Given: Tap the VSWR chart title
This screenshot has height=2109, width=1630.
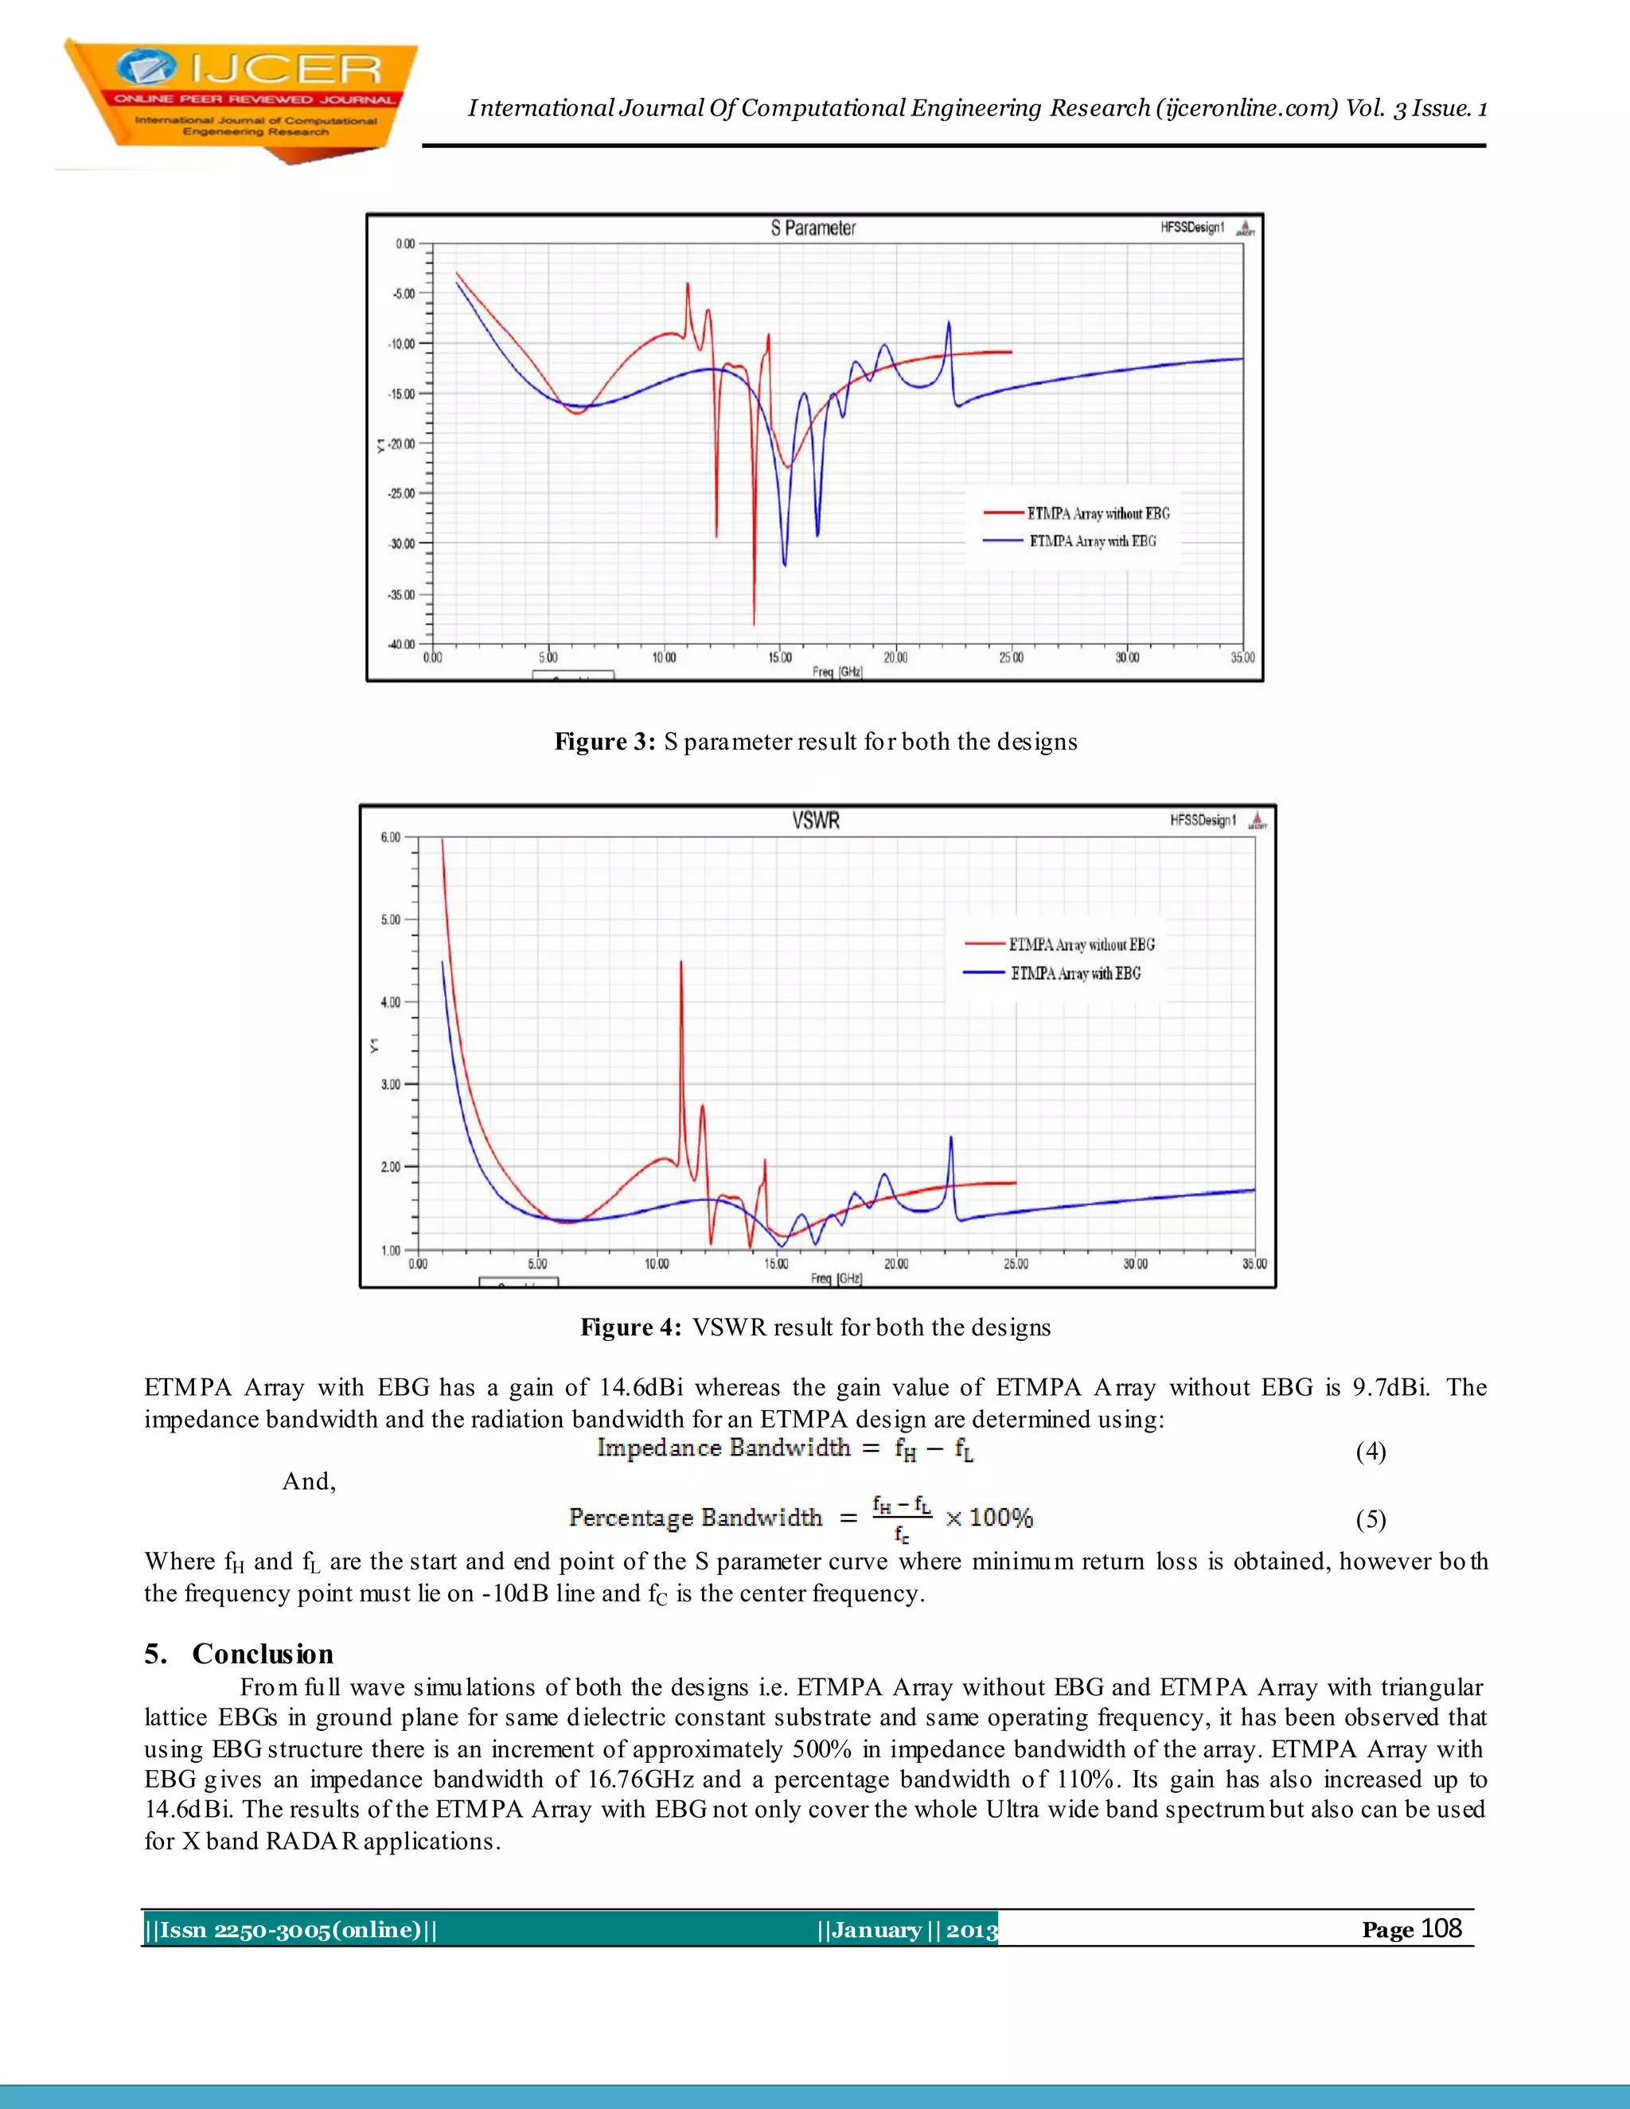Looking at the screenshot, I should [x=816, y=821].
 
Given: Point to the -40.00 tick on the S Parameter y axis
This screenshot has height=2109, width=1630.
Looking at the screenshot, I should [x=402, y=644].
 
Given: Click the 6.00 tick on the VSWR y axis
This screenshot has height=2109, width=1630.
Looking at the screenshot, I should [x=390, y=837].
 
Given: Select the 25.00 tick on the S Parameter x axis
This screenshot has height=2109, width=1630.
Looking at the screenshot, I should [x=1011, y=657].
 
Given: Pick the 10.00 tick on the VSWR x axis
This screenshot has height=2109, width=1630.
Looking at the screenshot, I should [x=657, y=1264].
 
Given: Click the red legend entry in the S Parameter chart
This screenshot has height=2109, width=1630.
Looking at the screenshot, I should [x=1077, y=514].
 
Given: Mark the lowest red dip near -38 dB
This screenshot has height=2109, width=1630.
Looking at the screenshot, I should [x=755, y=623].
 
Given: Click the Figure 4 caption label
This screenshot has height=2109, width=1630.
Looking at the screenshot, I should [x=630, y=1327].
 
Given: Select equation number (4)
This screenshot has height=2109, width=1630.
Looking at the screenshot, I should [x=1371, y=1452].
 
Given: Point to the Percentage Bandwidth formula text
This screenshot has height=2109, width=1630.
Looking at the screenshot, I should [x=696, y=1517].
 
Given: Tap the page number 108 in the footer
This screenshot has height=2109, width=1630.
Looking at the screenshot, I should [x=1441, y=1928].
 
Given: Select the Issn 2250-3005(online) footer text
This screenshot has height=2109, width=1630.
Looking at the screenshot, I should [x=290, y=1929].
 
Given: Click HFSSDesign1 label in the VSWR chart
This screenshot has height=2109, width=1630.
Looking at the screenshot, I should [x=1203, y=821].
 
